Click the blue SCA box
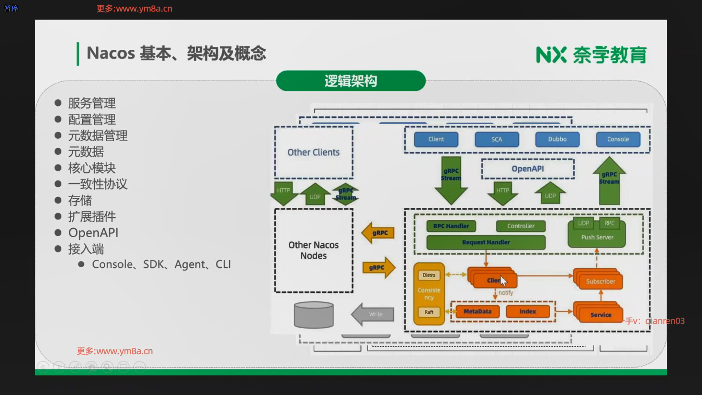coord(497,139)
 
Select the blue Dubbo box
coord(557,139)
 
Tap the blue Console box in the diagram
coord(618,139)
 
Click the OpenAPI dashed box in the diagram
coord(528,169)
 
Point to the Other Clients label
coord(313,152)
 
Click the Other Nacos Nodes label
coord(313,250)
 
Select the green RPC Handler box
coord(451,226)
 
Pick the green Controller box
coord(521,226)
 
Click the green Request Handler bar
coord(486,242)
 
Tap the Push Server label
coord(597,237)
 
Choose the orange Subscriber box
coord(600,281)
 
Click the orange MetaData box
coord(477,312)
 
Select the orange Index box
coord(528,312)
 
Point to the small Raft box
coord(429,312)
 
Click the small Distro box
coord(429,275)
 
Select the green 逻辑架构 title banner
coord(351,81)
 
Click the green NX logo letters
coord(551,55)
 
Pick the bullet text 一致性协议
coord(98,184)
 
